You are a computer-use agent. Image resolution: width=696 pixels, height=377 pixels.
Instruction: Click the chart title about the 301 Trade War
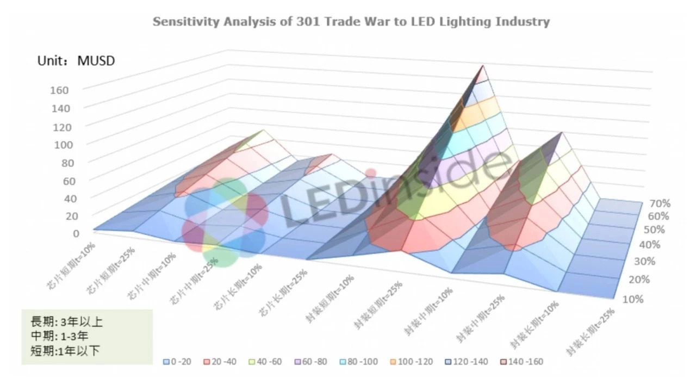coord(351,22)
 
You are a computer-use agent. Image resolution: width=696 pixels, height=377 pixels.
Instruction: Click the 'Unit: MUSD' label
coord(76,61)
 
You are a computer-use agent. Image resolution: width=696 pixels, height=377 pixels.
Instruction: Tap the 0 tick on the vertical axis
coord(76,233)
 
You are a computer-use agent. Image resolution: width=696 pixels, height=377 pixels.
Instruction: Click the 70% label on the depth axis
coord(660,203)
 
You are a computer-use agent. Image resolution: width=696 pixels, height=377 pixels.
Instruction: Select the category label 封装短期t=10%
coord(331,299)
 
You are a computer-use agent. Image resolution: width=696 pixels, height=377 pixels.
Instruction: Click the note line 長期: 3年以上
coord(63,322)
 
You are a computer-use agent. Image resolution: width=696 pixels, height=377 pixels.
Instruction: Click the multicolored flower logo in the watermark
coord(225,223)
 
